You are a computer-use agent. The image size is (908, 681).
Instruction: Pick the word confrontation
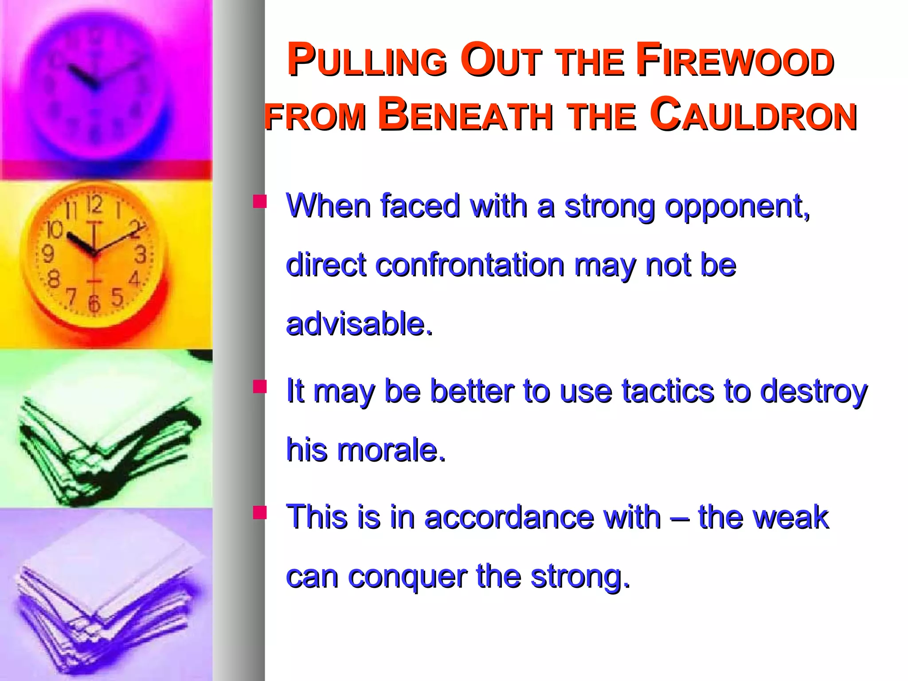point(470,265)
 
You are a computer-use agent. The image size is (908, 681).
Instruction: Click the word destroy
point(814,392)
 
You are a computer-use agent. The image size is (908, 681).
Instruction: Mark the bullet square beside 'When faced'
point(260,202)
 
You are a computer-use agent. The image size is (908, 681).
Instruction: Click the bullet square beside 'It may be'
point(260,387)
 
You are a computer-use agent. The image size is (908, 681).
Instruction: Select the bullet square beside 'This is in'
point(260,513)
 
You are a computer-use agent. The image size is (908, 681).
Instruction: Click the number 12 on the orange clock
point(94,204)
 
